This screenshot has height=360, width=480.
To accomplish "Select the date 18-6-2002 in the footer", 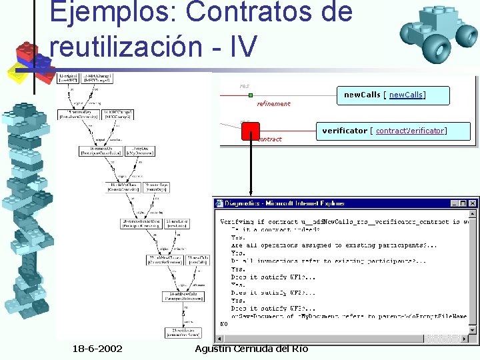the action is point(102,350).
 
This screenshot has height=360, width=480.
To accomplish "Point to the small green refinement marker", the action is point(250,95).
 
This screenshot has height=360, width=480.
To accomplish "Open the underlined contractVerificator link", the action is point(410,131).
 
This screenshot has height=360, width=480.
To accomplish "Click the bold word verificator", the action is point(345,131).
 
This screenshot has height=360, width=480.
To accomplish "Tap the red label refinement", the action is point(273,104).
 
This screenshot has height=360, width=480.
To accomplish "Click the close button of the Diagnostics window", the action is point(473,203).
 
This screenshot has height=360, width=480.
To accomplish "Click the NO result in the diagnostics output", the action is point(224,324).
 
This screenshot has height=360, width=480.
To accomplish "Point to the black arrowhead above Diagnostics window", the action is point(249,193).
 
